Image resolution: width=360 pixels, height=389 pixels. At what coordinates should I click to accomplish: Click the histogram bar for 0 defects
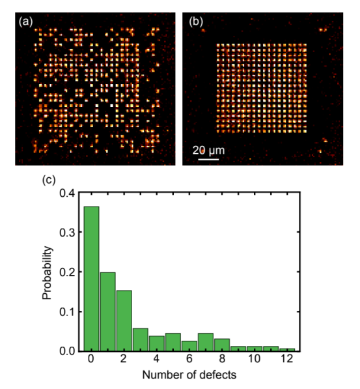tap(92, 279)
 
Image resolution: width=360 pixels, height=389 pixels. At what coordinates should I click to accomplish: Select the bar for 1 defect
tap(108, 312)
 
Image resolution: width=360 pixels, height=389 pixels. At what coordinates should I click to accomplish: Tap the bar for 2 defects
tap(124, 321)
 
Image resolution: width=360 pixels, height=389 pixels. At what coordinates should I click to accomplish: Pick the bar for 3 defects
tap(141, 340)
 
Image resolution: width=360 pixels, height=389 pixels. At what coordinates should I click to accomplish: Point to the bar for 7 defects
tap(206, 342)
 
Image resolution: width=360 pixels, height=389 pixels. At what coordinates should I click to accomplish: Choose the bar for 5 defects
tap(173, 342)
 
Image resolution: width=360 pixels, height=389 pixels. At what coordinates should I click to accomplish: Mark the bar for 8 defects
tap(222, 345)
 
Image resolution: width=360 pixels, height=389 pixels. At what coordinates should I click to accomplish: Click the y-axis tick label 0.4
tap(67, 193)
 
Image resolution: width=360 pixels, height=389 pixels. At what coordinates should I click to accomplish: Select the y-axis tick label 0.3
tap(67, 233)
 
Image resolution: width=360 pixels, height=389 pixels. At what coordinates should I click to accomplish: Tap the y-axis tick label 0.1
tap(67, 312)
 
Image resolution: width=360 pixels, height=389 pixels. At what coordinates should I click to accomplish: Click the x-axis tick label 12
tap(287, 359)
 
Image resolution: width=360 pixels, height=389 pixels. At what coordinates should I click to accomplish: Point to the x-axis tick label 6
tap(189, 359)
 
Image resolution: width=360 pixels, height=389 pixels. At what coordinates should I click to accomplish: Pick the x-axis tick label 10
tap(254, 359)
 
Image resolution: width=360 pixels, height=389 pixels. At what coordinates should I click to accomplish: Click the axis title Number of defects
tap(189, 375)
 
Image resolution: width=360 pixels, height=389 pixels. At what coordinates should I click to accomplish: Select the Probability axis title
tap(47, 273)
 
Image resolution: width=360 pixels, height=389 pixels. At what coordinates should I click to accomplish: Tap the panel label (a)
tap(26, 22)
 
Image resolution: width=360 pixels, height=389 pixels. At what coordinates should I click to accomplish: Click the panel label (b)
tap(196, 22)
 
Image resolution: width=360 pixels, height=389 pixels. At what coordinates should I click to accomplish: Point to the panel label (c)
tap(49, 180)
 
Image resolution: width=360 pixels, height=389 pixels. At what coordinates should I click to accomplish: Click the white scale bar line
tap(208, 159)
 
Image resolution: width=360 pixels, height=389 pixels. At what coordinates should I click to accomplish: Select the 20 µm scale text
tap(208, 151)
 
